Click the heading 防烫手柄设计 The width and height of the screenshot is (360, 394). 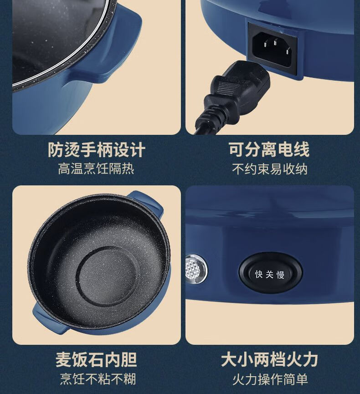point(97,150)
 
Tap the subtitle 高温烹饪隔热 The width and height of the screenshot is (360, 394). point(96,169)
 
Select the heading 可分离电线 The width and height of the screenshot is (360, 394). point(269,149)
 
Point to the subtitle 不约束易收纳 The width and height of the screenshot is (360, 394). point(270,169)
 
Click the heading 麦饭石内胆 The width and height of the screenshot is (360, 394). point(96,359)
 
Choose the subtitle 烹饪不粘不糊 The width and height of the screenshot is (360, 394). point(98,379)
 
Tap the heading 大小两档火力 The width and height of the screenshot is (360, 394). point(269,359)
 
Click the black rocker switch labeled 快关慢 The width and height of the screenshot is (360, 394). point(271,273)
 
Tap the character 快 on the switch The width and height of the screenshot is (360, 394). point(259,274)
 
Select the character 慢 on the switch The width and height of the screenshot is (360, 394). point(281,275)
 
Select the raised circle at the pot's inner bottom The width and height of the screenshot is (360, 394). point(106,276)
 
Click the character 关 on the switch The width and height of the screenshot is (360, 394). point(269,274)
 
